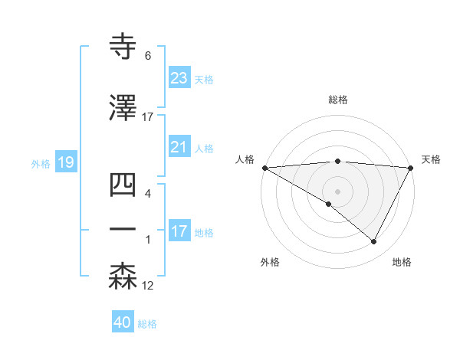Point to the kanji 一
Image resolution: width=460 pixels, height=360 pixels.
pyautogui.click(x=123, y=229)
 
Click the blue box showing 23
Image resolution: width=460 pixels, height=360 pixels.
pyautogui.click(x=179, y=78)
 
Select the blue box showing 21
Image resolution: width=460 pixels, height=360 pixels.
pyautogui.click(x=179, y=147)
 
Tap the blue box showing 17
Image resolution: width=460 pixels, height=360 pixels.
pyautogui.click(x=179, y=231)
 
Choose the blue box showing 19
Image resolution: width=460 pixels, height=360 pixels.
pyautogui.click(x=65, y=162)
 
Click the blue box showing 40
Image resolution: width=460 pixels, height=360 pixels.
pyautogui.click(x=123, y=322)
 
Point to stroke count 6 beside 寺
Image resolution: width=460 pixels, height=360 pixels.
pyautogui.click(x=148, y=56)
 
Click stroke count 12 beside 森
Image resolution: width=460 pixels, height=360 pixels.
pyautogui.click(x=148, y=286)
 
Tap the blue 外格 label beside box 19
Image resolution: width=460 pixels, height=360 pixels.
pyautogui.click(x=41, y=163)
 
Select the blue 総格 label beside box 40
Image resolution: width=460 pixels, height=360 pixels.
pyautogui.click(x=147, y=324)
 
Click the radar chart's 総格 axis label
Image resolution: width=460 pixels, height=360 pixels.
pyautogui.click(x=338, y=100)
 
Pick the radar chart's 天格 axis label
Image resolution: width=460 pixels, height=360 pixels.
pyautogui.click(x=432, y=159)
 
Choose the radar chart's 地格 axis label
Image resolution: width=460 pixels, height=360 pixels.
pyautogui.click(x=402, y=262)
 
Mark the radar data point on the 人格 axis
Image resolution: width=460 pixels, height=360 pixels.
pyautogui.click(x=264, y=168)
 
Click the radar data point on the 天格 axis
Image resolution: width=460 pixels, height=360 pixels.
pyautogui.click(x=412, y=168)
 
